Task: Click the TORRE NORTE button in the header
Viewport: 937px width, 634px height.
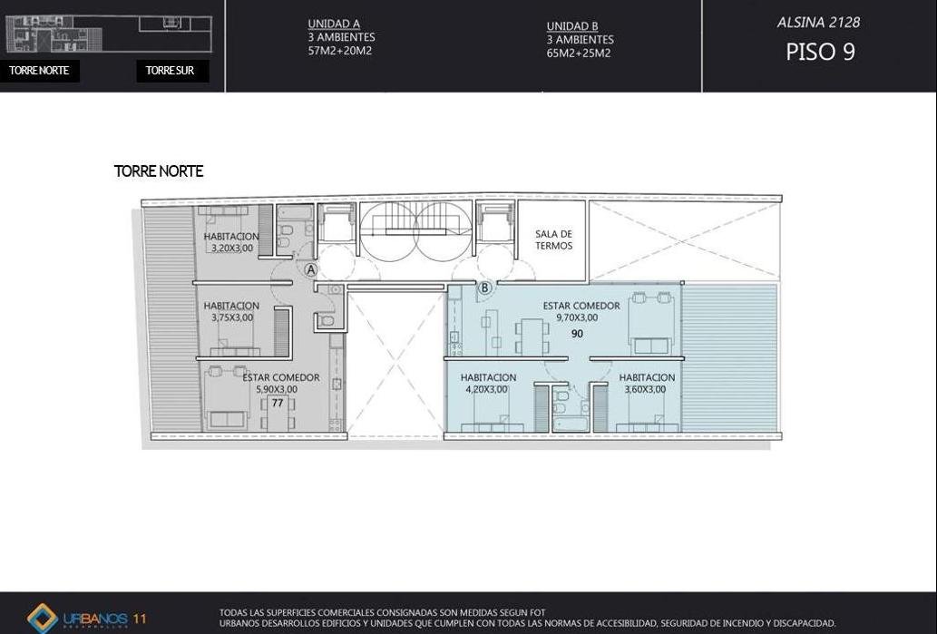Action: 39,71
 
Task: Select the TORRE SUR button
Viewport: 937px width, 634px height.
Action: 172,71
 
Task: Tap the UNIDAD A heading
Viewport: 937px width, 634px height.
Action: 334,24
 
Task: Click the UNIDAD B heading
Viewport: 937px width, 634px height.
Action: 572,26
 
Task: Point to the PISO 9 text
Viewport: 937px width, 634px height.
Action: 820,52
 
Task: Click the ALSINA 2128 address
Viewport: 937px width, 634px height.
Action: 818,23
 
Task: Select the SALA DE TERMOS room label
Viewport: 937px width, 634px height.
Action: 553,239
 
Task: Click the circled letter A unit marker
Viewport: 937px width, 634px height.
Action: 311,269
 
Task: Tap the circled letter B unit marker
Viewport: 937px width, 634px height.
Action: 484,288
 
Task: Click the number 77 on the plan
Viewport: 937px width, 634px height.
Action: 278,404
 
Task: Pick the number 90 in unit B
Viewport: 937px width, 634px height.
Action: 577,334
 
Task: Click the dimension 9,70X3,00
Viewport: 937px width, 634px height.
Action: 577,317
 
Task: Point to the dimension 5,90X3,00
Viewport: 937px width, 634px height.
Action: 277,390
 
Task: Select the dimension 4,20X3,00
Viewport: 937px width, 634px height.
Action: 486,390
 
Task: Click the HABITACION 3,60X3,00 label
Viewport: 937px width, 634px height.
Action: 647,384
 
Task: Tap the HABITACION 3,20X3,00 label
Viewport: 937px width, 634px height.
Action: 231,242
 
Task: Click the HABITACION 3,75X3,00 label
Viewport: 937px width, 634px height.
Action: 231,312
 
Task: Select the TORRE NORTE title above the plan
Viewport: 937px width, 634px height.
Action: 159,171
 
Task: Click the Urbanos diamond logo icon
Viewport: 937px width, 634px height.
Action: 43,619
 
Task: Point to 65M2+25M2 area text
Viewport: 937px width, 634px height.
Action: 579,53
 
